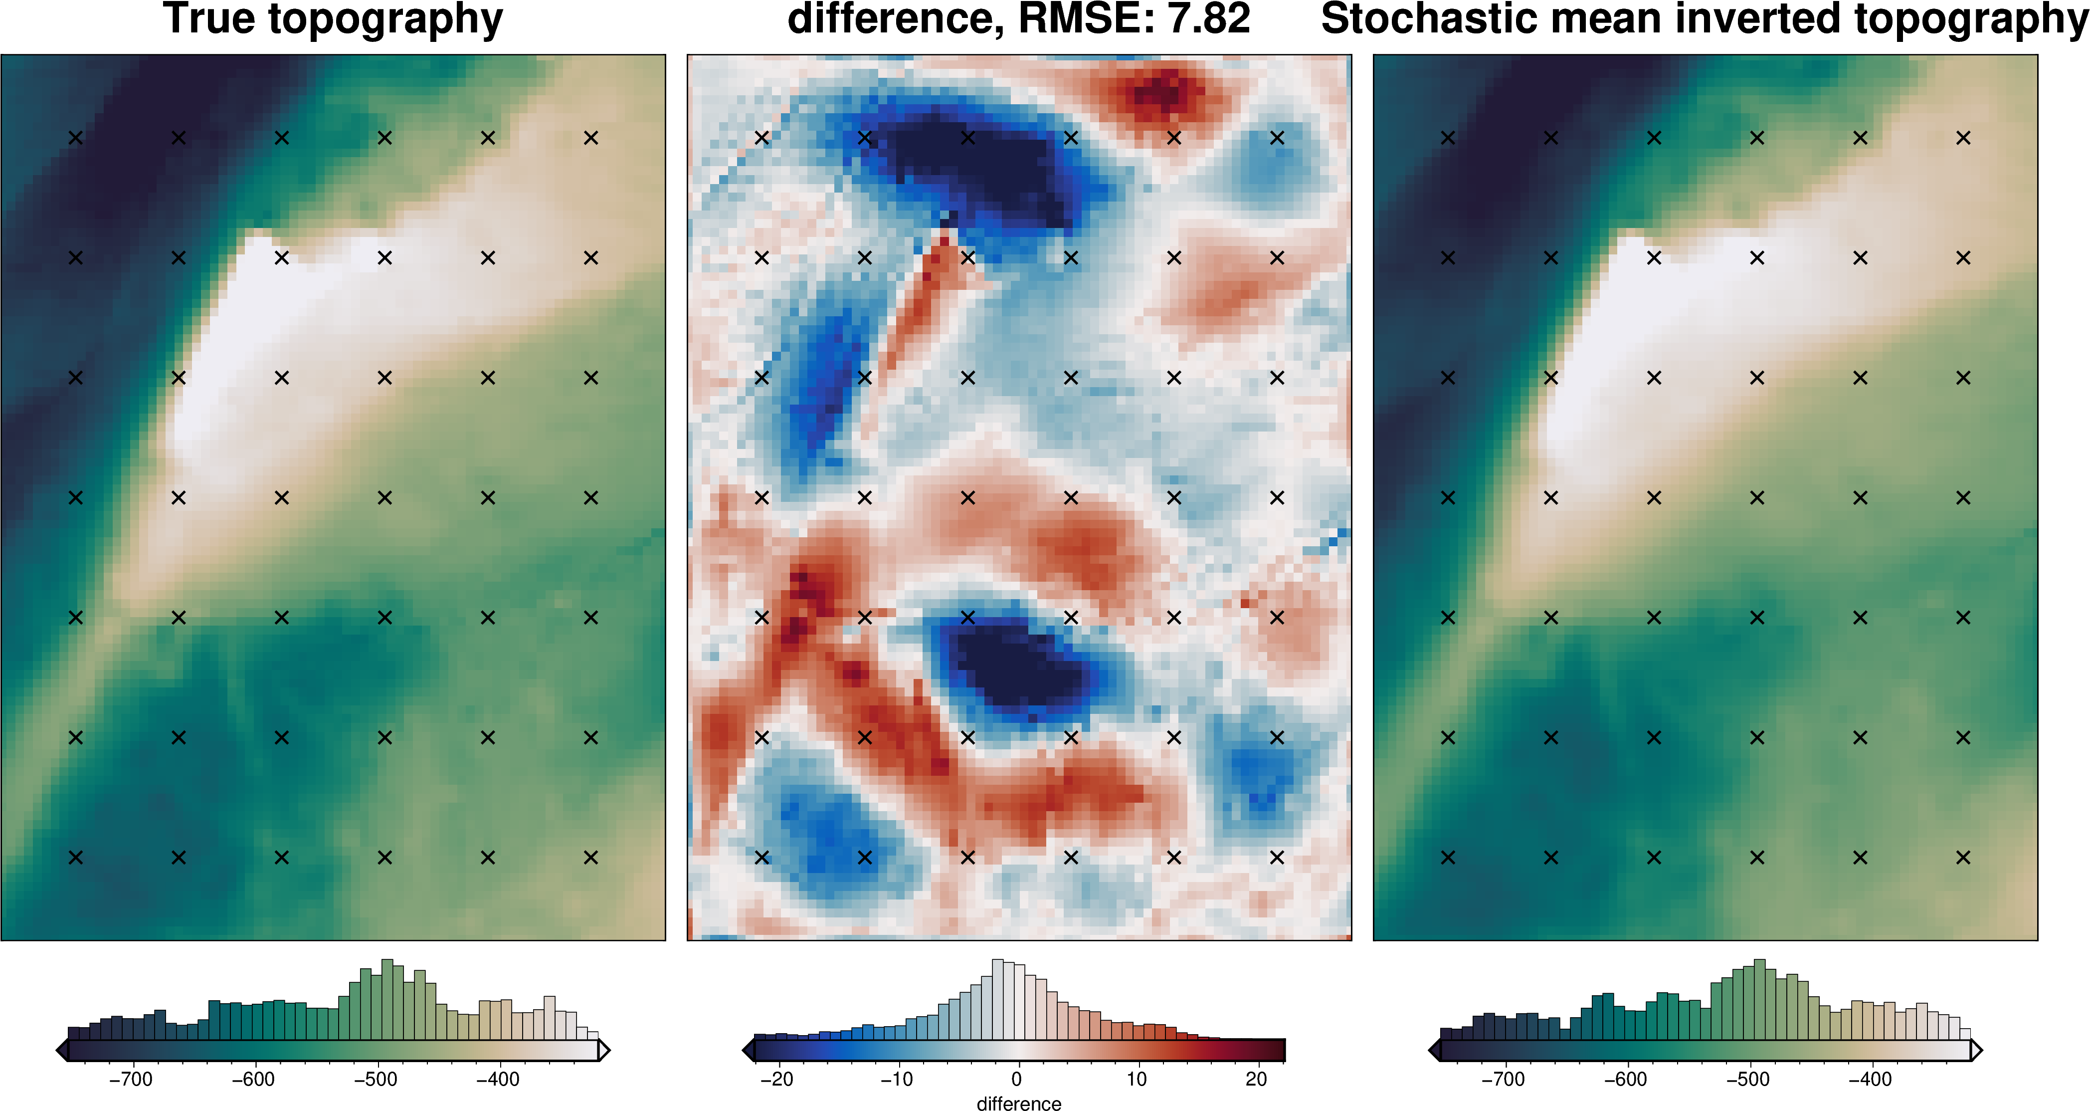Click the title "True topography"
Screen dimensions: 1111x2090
tap(333, 19)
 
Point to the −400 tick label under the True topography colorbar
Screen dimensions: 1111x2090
tap(497, 1080)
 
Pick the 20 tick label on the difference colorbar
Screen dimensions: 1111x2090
tap(1256, 1080)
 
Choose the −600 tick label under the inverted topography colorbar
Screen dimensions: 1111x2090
tap(1625, 1080)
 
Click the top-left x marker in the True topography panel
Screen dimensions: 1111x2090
tap(75, 138)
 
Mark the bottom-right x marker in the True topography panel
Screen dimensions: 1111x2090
tap(590, 857)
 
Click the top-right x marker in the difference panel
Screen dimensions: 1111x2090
tap(1277, 138)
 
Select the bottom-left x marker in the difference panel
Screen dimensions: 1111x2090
tap(762, 857)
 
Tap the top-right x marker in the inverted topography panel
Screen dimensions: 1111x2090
tap(1963, 138)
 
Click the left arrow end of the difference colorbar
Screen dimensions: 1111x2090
tap(748, 1051)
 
